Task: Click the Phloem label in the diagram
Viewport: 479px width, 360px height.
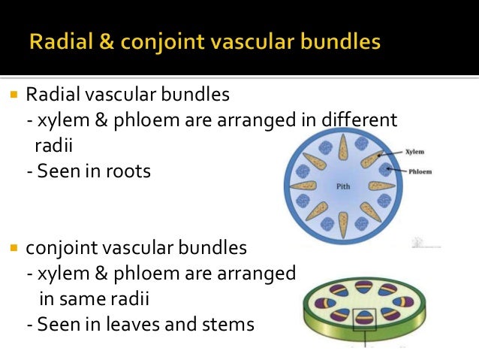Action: coord(421,171)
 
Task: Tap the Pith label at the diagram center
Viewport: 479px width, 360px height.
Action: coord(343,185)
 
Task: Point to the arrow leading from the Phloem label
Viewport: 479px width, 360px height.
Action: coord(399,171)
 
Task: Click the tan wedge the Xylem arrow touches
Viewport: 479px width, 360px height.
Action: coord(373,160)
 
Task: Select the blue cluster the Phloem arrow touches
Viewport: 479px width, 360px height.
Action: coord(384,170)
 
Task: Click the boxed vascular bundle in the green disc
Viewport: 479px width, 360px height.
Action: coord(365,317)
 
